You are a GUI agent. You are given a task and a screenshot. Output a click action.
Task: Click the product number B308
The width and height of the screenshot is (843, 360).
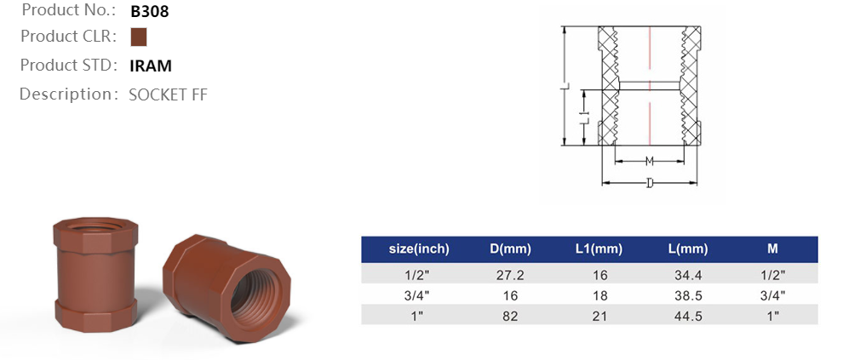pos(149,12)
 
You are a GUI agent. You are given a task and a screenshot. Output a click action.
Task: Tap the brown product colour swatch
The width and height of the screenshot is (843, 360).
pos(139,37)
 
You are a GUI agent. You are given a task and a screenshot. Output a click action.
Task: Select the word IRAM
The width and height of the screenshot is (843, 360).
pos(151,66)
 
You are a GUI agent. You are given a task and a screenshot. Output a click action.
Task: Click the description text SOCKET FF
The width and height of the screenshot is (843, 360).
pos(168,94)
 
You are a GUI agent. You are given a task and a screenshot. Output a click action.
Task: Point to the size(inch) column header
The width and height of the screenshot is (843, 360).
pos(418,249)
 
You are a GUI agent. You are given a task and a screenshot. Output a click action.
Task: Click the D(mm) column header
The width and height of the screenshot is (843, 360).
pos(510,249)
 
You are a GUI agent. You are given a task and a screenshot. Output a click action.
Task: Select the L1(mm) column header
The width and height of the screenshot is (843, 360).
pos(599,249)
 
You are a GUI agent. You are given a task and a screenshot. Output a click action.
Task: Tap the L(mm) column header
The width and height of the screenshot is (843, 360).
pos(688,249)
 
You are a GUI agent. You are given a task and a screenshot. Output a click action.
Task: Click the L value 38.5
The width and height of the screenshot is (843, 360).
pos(687,295)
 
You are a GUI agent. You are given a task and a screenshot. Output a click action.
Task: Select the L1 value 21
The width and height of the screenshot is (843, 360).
pos(599,316)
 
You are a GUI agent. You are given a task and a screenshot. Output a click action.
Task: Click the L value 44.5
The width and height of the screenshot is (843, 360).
pos(687,316)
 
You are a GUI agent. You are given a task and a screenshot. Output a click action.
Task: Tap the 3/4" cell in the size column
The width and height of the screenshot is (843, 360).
pos(418,295)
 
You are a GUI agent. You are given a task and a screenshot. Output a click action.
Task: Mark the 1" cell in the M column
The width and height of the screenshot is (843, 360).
pos(772,316)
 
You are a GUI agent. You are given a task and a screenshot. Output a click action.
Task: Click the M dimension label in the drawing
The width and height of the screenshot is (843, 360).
pos(649,161)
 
